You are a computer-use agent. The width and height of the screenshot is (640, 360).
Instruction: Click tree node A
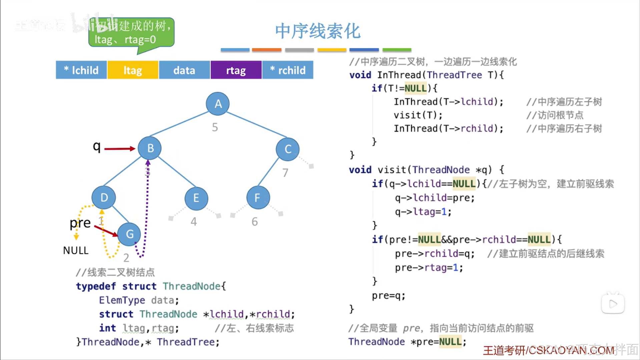[218, 104]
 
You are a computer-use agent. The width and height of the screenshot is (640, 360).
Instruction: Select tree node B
[150, 148]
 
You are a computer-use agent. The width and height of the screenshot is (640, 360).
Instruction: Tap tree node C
[287, 149]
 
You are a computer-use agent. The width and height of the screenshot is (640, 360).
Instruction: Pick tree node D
[104, 198]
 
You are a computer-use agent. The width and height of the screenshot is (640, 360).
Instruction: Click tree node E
[196, 198]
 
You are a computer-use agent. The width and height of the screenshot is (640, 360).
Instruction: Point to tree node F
[258, 198]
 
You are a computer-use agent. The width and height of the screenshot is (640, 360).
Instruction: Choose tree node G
[129, 234]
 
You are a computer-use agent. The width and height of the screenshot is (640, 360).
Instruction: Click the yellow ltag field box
[133, 70]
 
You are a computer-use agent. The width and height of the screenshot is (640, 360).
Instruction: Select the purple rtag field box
[236, 70]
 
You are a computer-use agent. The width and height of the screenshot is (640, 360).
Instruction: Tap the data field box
[184, 70]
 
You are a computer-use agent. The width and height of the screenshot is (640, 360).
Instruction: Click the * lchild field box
[81, 70]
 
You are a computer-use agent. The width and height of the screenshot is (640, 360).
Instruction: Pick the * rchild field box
[288, 70]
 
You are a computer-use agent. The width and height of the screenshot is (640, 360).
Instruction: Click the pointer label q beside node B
[97, 146]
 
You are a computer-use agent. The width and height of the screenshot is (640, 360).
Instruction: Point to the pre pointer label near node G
[80, 223]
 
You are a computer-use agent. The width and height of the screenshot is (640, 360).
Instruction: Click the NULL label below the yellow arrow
[76, 250]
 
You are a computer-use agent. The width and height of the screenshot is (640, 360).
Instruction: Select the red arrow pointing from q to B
[119, 148]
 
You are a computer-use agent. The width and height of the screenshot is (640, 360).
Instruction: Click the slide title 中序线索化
[317, 31]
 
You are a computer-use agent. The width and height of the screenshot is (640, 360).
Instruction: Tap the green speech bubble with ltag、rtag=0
[131, 33]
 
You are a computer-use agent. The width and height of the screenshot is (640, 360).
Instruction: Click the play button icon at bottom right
[613, 304]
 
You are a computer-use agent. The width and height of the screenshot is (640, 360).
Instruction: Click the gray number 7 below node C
[285, 173]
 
